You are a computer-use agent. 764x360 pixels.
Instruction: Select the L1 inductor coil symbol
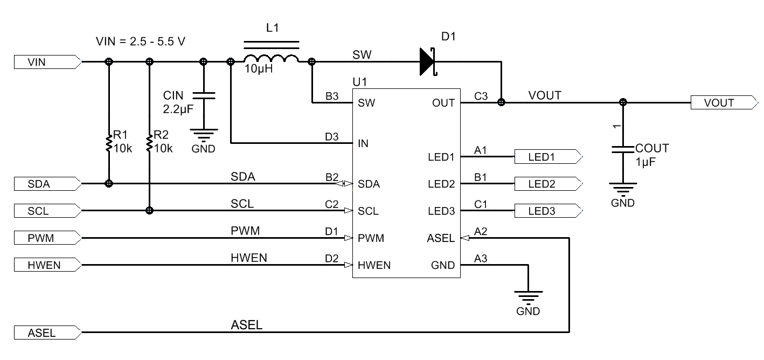(x=271, y=58)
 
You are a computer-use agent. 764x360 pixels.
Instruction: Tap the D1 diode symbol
(x=427, y=62)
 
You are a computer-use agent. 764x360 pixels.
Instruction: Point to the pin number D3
(x=331, y=137)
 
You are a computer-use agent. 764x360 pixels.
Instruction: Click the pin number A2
(x=481, y=232)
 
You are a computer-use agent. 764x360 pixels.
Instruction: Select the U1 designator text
(x=359, y=82)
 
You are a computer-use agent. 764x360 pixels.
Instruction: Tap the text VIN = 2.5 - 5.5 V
(x=141, y=41)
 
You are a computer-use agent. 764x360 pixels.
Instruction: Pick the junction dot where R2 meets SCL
(x=149, y=210)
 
